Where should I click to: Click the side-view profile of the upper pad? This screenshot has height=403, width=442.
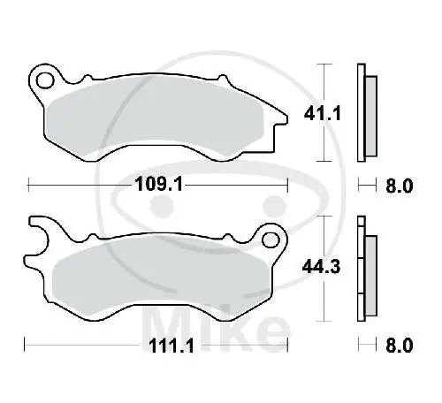[363, 113]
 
